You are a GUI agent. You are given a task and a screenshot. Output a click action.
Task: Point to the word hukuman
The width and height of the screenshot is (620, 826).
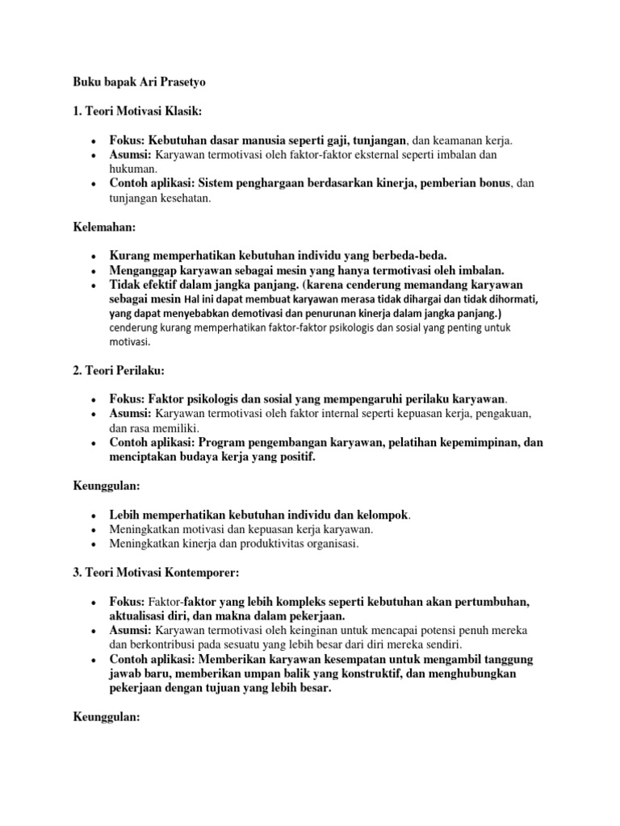point(133,169)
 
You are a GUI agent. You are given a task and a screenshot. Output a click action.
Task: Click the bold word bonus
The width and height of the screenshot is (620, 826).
point(492,183)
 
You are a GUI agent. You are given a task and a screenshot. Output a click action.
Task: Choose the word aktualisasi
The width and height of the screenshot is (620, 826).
point(140,615)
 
